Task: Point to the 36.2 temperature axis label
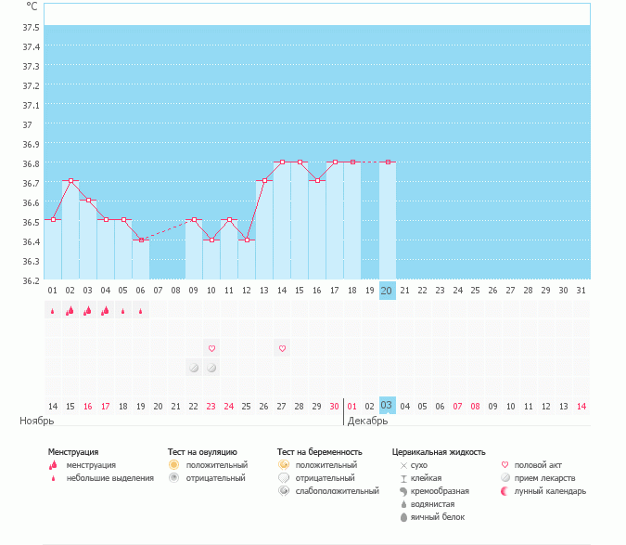31,280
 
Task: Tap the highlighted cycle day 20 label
387,291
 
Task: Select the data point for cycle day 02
70,180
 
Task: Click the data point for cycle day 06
141,240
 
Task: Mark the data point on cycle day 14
282,162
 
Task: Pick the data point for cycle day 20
388,162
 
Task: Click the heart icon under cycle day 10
211,348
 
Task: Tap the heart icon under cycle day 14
282,348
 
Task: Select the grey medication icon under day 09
194,368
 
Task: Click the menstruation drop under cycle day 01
53,311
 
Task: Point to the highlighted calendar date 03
387,406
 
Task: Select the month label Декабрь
368,421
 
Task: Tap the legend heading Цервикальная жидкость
439,452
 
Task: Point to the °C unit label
32,6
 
